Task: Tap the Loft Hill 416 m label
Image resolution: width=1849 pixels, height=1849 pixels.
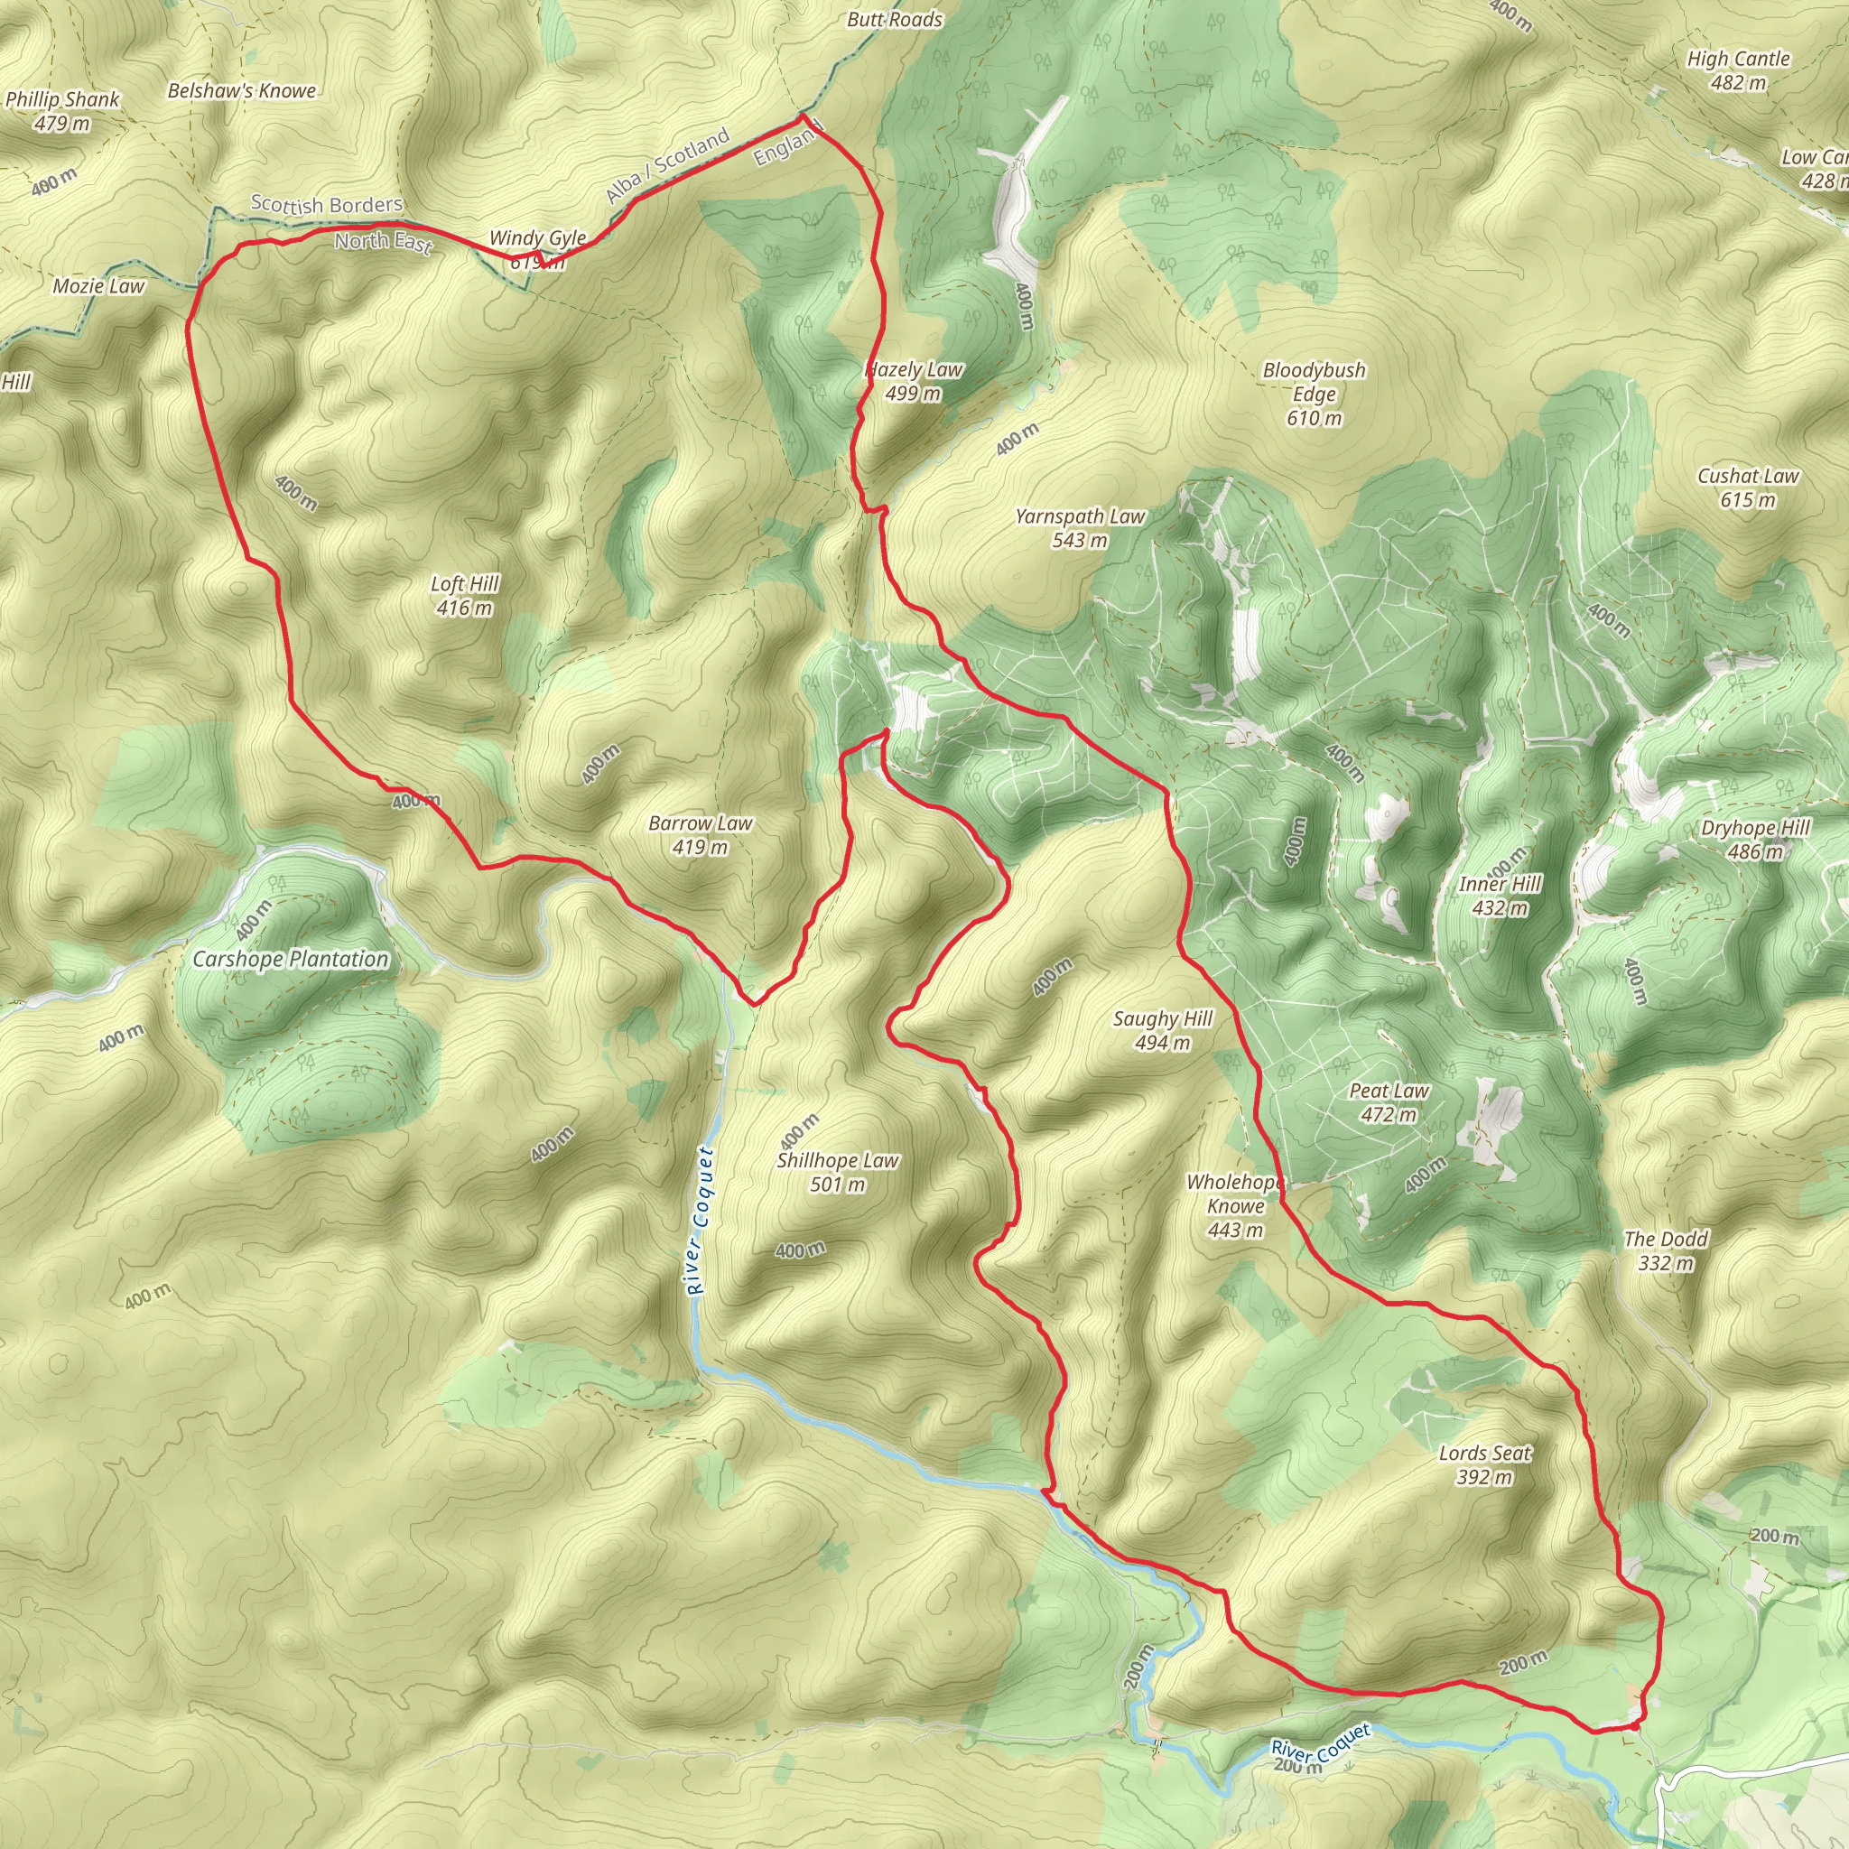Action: [465, 595]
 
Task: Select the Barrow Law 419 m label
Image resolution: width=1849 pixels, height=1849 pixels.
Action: [701, 834]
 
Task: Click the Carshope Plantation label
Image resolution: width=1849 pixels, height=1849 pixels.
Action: [291, 959]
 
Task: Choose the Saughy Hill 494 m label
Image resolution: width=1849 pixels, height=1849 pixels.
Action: [1163, 1031]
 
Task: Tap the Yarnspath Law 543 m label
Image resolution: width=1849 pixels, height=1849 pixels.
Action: [1080, 528]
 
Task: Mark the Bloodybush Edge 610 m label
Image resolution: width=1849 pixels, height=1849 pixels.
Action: [1314, 394]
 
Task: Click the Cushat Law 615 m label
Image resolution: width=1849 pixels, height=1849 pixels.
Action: [1748, 488]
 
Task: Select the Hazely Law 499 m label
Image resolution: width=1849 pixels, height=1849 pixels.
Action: [914, 381]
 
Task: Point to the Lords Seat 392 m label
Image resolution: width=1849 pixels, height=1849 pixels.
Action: [1485, 1464]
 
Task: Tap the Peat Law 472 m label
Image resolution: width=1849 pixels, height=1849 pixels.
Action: [1389, 1102]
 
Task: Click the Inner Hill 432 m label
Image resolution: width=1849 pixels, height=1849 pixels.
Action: [1500, 895]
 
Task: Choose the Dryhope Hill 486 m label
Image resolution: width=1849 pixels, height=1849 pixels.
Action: [1755, 840]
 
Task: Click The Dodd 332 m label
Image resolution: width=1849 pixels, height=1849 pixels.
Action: [1665, 1250]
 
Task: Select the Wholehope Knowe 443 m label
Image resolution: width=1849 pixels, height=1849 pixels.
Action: [1234, 1206]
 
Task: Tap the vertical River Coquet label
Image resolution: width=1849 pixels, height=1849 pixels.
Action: [702, 1222]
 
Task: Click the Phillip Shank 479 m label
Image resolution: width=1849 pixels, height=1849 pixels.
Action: [62, 111]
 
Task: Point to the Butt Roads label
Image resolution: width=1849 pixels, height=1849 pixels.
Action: [895, 19]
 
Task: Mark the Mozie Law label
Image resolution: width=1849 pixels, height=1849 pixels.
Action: [98, 286]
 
